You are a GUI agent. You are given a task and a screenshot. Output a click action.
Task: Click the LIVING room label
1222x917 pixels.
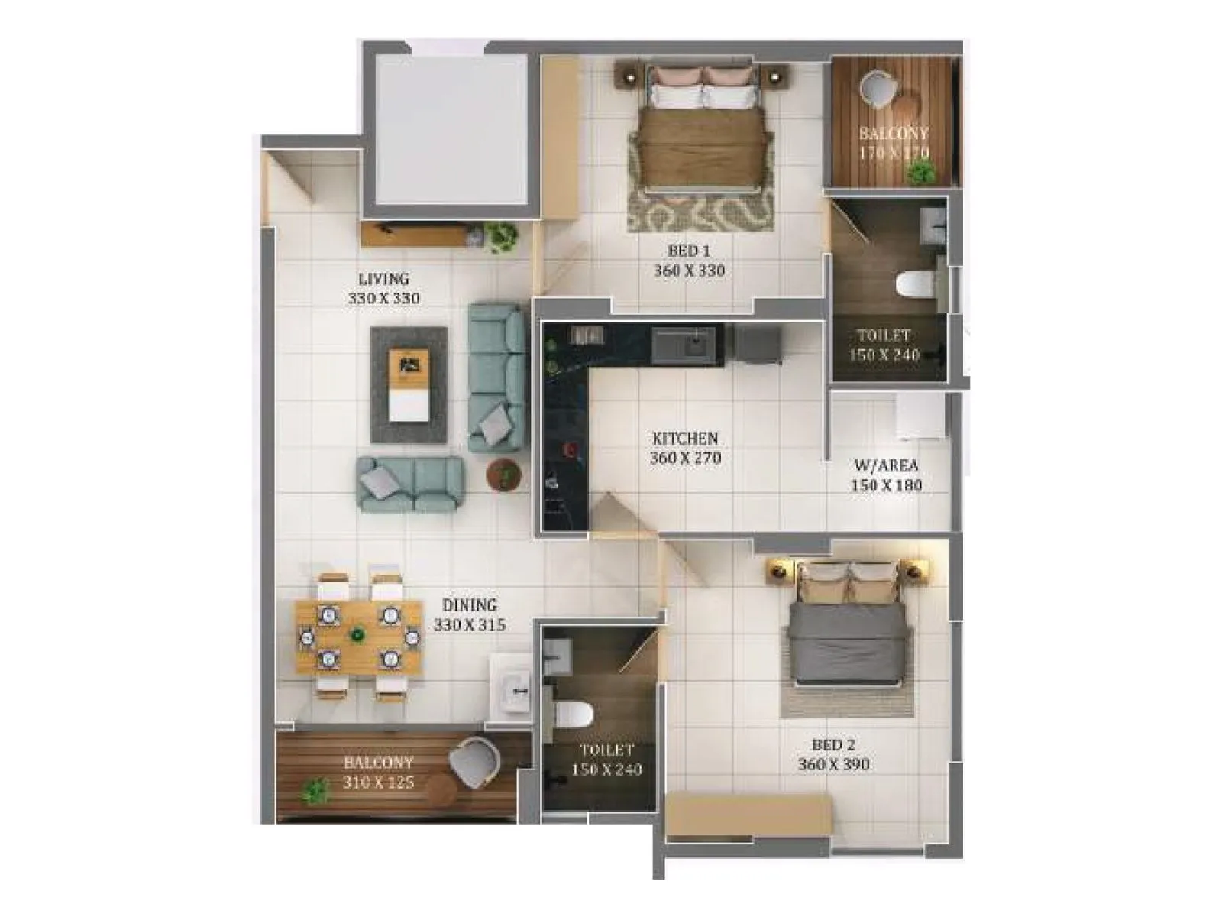tap(383, 279)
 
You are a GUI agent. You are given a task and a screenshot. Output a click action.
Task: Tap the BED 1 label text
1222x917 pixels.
tap(689, 251)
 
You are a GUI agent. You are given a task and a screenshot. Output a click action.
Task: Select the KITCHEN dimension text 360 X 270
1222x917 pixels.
tap(685, 458)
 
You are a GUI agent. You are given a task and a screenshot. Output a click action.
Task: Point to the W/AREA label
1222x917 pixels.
tap(886, 465)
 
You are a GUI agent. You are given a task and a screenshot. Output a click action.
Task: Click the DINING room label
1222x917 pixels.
tap(470, 605)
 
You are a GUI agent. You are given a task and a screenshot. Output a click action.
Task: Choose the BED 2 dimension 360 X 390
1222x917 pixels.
tap(833, 764)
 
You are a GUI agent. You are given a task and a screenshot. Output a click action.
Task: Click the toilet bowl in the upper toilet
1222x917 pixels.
tap(913, 285)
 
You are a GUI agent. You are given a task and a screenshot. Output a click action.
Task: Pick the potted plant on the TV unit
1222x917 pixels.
tap(502, 236)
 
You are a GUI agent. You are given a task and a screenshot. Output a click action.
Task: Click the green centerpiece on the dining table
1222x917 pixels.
tap(357, 633)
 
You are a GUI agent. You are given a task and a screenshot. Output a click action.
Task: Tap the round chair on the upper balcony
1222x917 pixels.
tap(875, 88)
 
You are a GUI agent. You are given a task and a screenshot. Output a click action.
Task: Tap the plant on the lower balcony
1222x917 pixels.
tap(313, 791)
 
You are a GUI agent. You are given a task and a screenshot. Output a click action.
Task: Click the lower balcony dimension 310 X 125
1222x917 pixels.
tap(378, 783)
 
